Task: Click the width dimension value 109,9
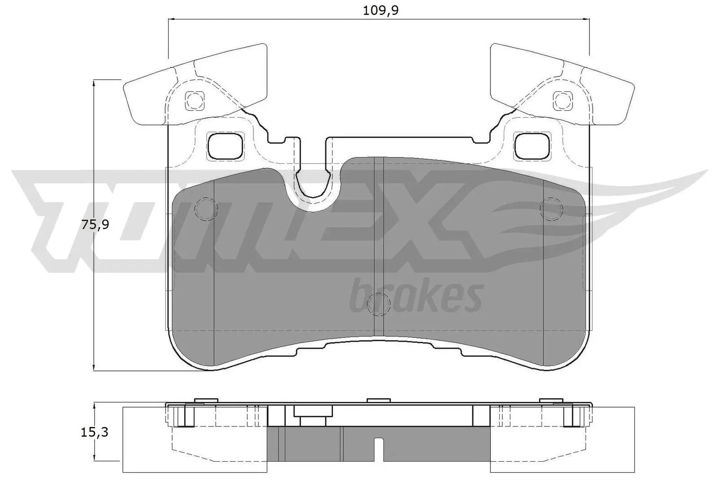[381, 10]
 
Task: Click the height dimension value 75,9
[95, 224]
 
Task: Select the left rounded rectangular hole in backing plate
[226, 146]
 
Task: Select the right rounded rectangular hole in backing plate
[533, 146]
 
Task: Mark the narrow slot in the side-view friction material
[379, 450]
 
